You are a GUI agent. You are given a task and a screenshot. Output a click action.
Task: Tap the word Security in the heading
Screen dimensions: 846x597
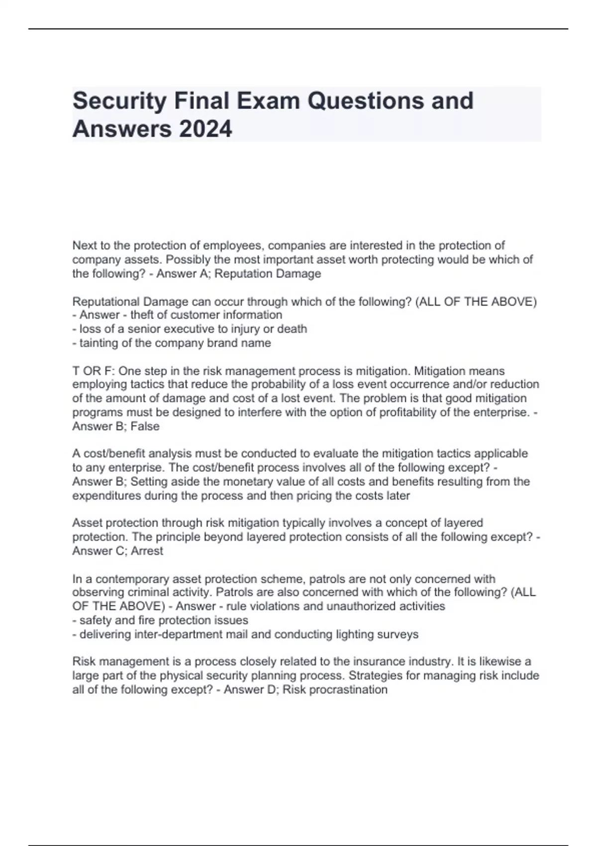coord(119,101)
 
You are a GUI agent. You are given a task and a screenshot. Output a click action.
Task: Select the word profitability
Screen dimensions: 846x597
coord(411,412)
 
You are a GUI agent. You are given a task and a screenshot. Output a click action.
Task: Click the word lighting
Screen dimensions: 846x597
coord(356,634)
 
